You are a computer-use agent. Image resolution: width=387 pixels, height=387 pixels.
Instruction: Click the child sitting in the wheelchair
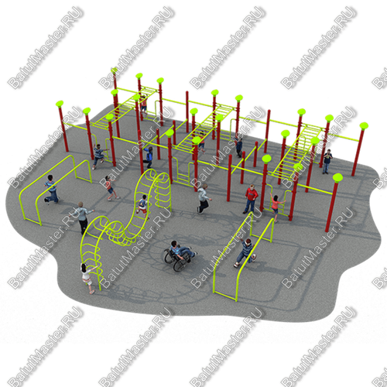click(180, 250)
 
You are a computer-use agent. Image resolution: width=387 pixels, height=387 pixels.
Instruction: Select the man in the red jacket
click(251, 199)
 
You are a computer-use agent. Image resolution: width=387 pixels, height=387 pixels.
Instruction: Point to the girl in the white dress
click(87, 278)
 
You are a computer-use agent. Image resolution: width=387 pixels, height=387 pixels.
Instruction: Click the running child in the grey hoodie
click(204, 199)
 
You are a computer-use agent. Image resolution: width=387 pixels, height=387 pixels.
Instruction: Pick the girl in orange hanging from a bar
click(276, 207)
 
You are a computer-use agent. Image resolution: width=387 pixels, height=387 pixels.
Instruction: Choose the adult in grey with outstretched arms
click(82, 217)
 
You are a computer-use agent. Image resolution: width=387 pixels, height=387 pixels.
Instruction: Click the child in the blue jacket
click(149, 157)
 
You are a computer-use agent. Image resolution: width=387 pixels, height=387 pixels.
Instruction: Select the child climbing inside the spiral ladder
click(142, 206)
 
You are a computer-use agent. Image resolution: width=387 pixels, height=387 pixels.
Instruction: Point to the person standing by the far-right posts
click(327, 161)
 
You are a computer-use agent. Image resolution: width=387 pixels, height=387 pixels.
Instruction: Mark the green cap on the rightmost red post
click(364, 126)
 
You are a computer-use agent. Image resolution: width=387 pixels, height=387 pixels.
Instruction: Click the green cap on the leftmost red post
click(60, 104)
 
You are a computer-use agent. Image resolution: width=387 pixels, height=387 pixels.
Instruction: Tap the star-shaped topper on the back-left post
click(114, 70)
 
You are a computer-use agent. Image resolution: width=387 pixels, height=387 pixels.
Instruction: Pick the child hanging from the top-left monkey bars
click(144, 104)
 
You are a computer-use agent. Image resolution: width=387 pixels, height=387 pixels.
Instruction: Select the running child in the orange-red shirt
click(111, 187)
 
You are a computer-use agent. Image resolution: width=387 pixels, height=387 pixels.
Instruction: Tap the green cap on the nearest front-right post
click(337, 177)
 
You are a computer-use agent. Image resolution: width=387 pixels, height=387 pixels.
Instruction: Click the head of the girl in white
click(84, 267)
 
